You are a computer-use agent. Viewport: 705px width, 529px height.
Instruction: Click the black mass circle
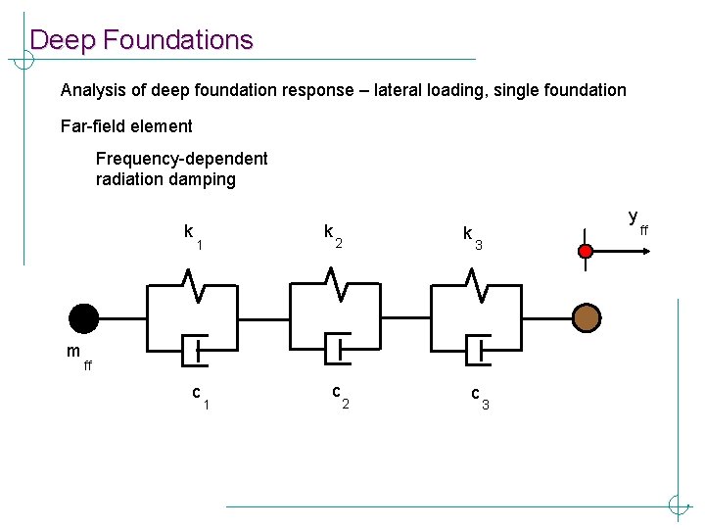tap(84, 318)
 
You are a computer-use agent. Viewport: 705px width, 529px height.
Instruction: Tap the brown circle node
tap(587, 318)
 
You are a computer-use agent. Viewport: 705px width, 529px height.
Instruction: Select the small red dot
tap(586, 252)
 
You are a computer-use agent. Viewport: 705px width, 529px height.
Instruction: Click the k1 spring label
tap(192, 236)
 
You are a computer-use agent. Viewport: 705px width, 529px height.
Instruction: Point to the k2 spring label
tap(332, 235)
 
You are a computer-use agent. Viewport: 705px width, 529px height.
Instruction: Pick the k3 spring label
tap(472, 237)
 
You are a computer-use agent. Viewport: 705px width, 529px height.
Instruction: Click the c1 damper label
tap(201, 397)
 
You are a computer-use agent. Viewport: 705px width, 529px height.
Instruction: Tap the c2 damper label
tap(340, 396)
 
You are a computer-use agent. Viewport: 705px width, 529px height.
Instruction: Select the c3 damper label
tap(479, 398)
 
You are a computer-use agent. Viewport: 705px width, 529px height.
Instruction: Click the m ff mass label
tap(78, 357)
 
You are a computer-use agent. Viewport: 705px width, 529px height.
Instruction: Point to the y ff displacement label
tap(637, 221)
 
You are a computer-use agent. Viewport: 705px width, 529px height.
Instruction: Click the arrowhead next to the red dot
tap(647, 252)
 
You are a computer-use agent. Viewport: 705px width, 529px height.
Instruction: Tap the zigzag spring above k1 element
tap(195, 287)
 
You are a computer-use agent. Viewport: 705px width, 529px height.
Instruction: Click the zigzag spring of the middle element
tap(335, 286)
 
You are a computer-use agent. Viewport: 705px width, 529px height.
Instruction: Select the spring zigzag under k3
tap(475, 286)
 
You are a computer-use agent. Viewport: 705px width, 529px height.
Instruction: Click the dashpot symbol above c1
tap(195, 349)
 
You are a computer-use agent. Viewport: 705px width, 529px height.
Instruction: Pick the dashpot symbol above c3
tap(475, 349)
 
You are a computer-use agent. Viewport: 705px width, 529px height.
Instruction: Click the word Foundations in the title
tap(177, 40)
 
